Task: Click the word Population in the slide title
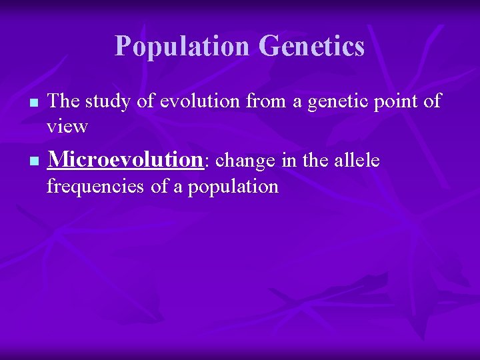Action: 183,46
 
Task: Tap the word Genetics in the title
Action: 311,46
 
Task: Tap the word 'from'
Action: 264,101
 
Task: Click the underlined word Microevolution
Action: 125,160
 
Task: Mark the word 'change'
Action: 247,161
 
